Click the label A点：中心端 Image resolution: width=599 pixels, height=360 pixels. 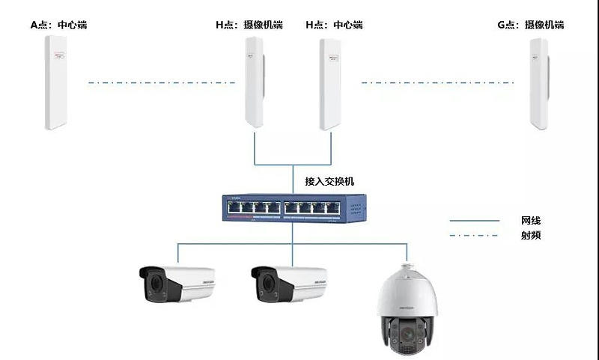coord(58,25)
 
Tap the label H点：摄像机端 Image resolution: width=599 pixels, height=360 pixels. coord(249,25)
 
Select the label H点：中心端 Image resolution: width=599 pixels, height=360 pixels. coord(334,25)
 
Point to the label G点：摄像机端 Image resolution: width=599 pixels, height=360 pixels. coord(531,25)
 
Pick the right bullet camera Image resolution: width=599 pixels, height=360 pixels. coord(288,284)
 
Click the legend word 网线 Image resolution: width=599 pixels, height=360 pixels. coord(531,221)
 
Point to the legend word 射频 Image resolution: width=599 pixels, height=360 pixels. coord(531,236)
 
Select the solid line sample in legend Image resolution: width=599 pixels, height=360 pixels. coord(474,221)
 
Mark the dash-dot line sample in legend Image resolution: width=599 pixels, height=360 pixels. coord(474,236)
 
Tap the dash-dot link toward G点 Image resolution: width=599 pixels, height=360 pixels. coord(437,82)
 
